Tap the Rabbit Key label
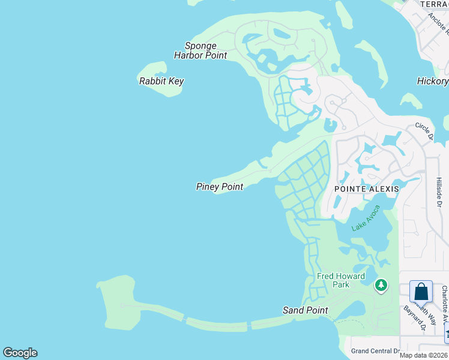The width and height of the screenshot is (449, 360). click(161, 81)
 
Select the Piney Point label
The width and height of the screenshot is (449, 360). click(220, 187)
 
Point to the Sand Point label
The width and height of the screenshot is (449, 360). click(306, 310)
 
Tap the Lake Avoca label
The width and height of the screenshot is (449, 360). click(366, 217)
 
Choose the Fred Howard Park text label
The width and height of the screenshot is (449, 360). click(341, 280)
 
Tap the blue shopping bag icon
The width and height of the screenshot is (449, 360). click(421, 292)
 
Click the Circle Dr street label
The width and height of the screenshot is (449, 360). click(424, 130)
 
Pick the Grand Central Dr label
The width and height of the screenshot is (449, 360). click(375, 351)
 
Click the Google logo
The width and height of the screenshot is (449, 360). click(20, 353)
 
